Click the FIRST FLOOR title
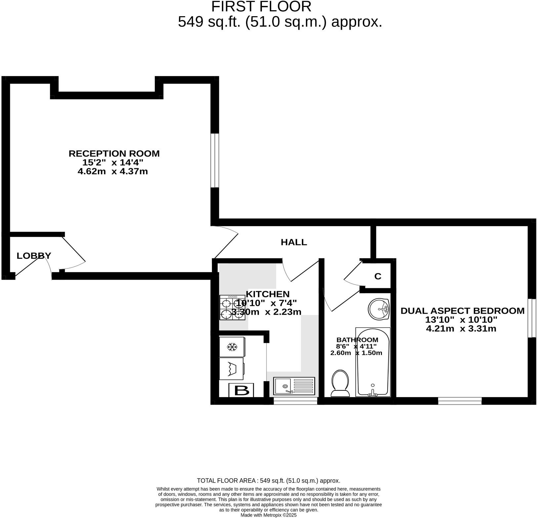[x=261, y=7]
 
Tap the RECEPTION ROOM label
[x=114, y=154]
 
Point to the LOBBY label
[x=34, y=256]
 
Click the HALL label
[x=294, y=242]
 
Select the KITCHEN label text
[x=268, y=294]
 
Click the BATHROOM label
[x=357, y=339]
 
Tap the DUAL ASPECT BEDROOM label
[x=462, y=311]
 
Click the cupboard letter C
[x=378, y=276]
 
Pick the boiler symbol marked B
[x=241, y=390]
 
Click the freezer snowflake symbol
[x=232, y=347]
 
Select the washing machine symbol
[x=232, y=368]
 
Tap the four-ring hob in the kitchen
[x=232, y=307]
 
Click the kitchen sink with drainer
[x=294, y=386]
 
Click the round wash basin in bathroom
[x=379, y=309]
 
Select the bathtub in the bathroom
[x=373, y=362]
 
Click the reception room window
[x=215, y=160]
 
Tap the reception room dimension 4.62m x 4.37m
[x=112, y=171]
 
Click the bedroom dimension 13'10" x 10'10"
[x=461, y=320]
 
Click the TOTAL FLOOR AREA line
[x=268, y=481]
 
